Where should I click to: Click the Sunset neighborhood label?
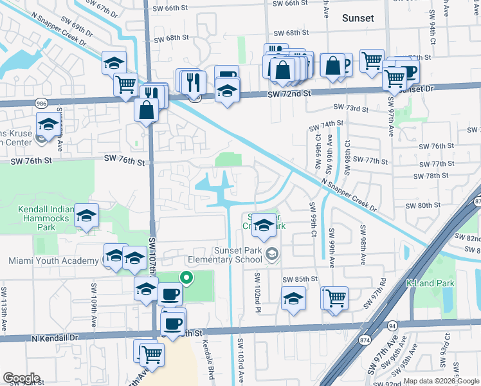(358, 18)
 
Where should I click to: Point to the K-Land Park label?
(430, 283)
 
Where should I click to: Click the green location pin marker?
(186, 278)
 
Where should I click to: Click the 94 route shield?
(392, 327)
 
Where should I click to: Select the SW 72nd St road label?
(289, 94)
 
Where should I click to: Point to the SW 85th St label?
(300, 279)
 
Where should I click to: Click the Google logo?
(21, 378)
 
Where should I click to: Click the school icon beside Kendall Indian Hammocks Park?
(86, 216)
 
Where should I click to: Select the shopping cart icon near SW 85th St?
(335, 298)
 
